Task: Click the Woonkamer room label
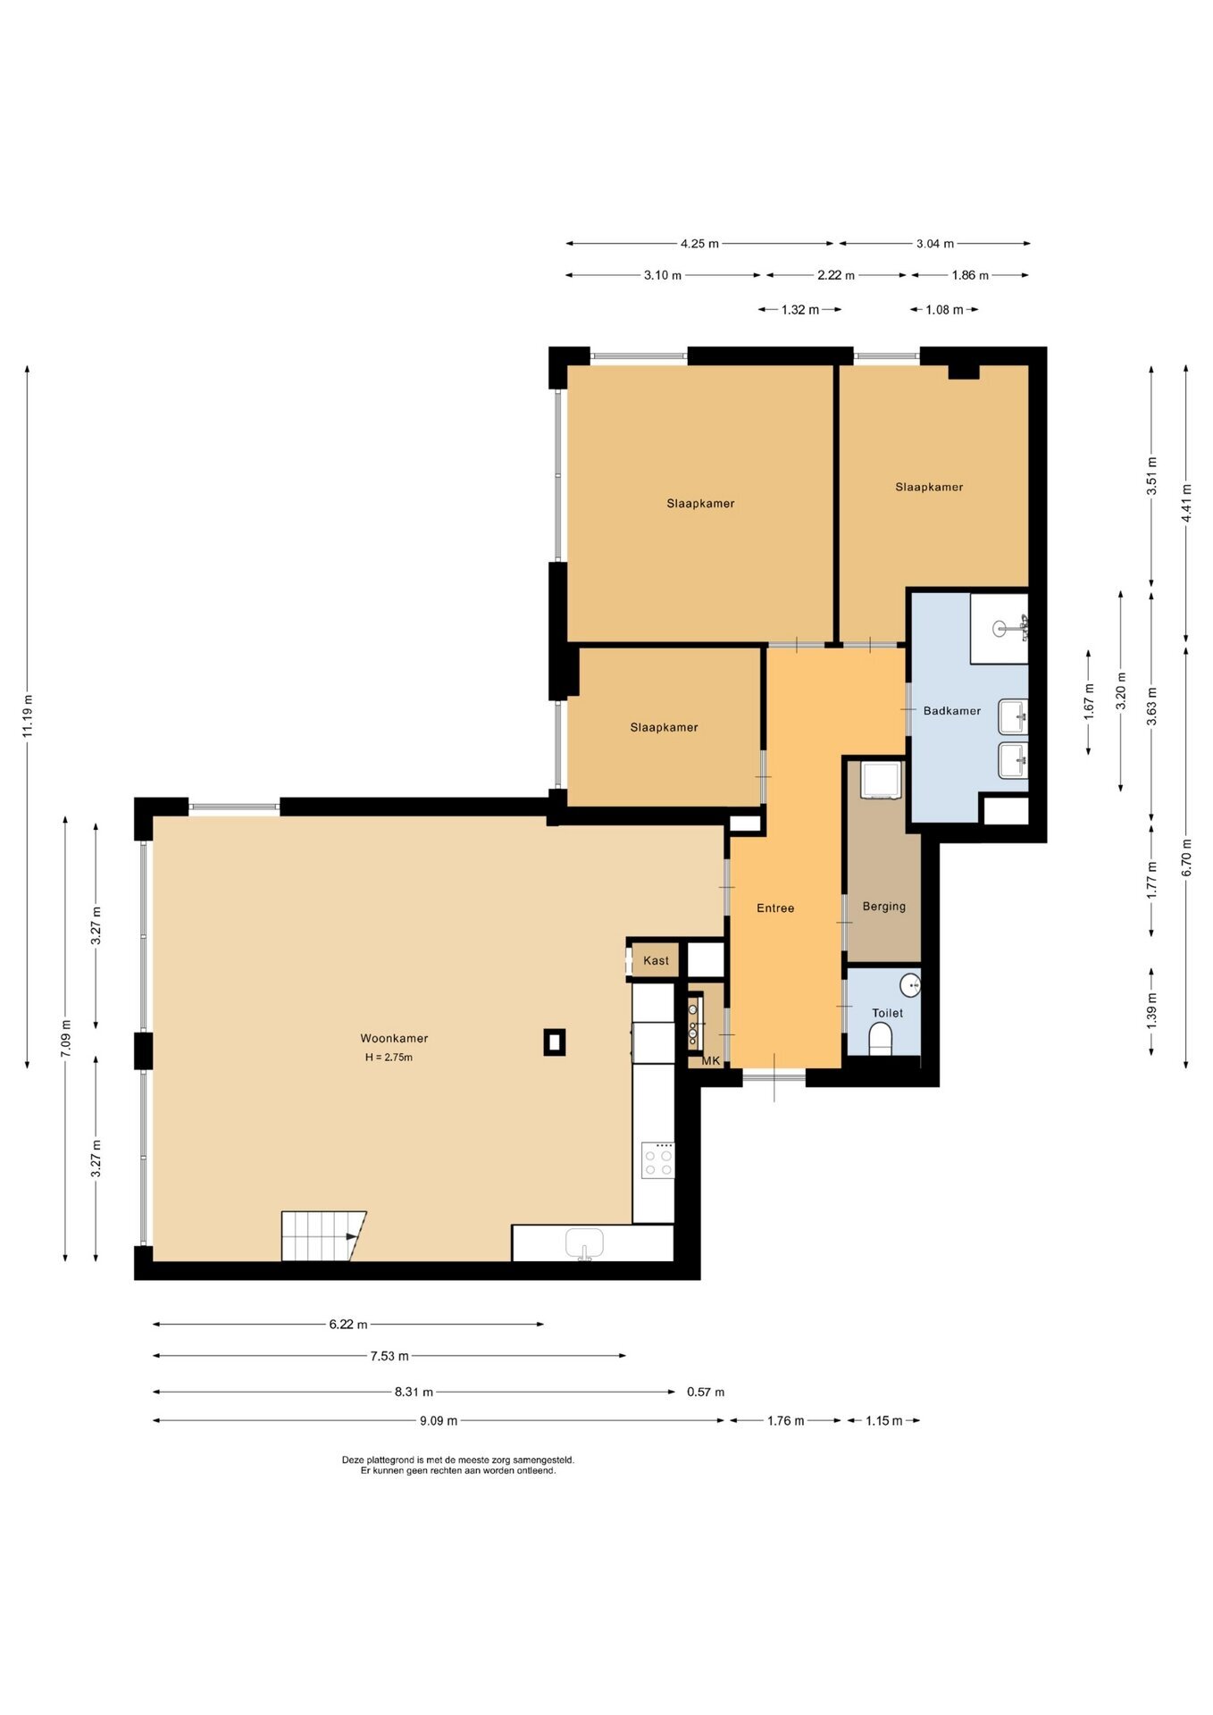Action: click(394, 1038)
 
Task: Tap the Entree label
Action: click(775, 908)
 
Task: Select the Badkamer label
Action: click(952, 711)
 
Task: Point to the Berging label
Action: click(884, 907)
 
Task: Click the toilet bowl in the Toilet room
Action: click(881, 1039)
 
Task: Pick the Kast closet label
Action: click(656, 961)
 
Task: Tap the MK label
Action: click(711, 1061)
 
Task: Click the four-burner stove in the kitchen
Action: click(659, 1160)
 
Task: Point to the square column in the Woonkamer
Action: click(555, 1042)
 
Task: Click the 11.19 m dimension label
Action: click(28, 716)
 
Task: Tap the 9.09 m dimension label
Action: click(439, 1420)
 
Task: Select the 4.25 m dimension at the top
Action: click(699, 243)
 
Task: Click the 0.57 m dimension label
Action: click(706, 1392)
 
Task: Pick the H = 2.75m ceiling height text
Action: click(389, 1058)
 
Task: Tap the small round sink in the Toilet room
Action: click(910, 985)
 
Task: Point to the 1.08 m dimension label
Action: click(944, 310)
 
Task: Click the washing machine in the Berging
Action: click(882, 779)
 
